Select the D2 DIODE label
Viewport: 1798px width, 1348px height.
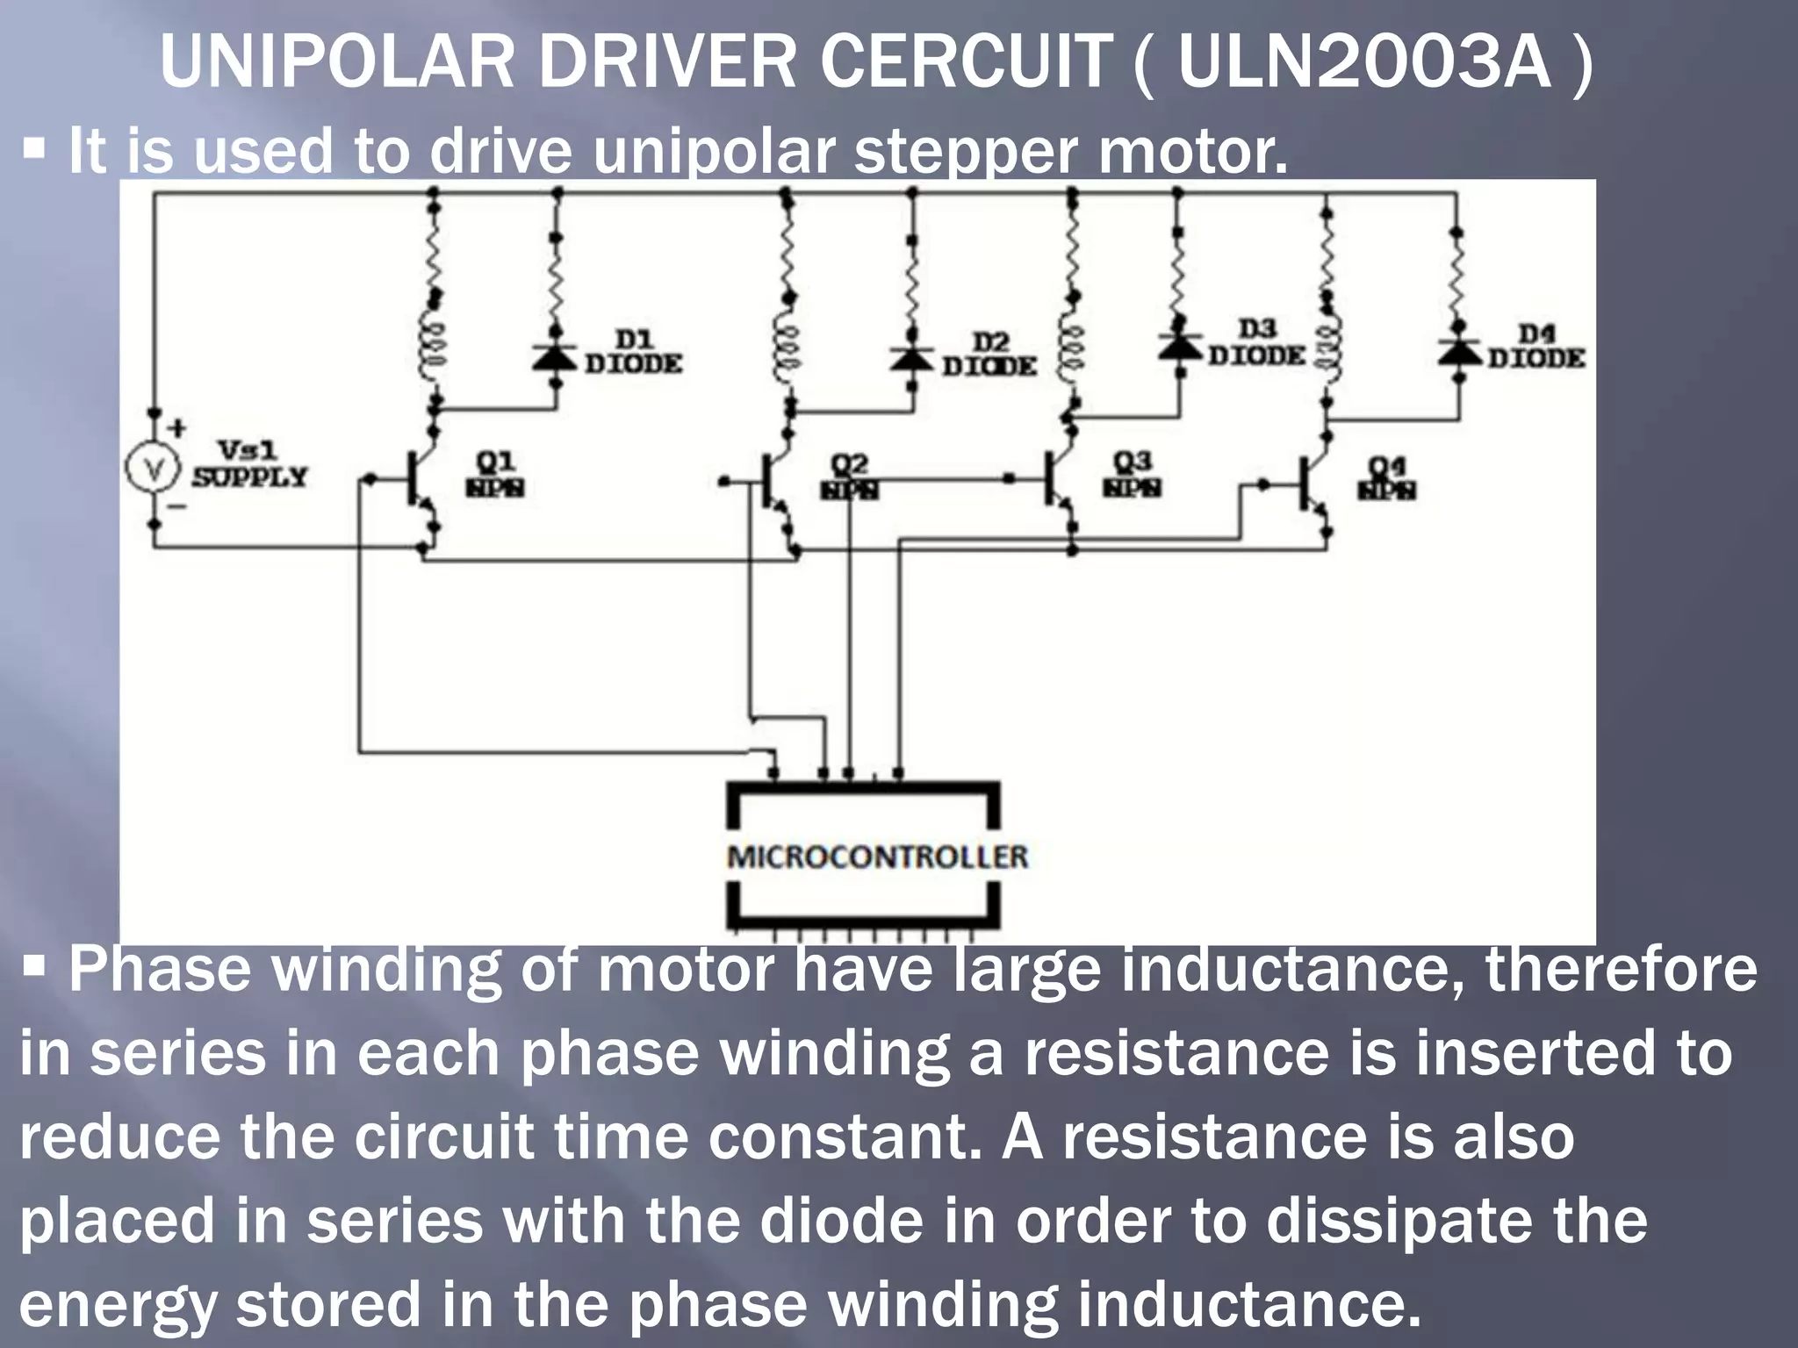tap(989, 355)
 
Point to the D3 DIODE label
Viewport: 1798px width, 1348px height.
tap(1257, 343)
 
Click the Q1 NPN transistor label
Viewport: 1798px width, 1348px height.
tap(495, 474)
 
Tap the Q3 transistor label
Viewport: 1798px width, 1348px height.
tap(1133, 474)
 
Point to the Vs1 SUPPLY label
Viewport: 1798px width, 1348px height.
tap(249, 464)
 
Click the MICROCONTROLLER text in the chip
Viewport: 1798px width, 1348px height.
tap(877, 857)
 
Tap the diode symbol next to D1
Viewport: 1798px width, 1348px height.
tap(556, 355)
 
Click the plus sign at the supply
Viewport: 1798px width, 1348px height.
tap(177, 429)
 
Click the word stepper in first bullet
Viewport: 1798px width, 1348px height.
tap(965, 151)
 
